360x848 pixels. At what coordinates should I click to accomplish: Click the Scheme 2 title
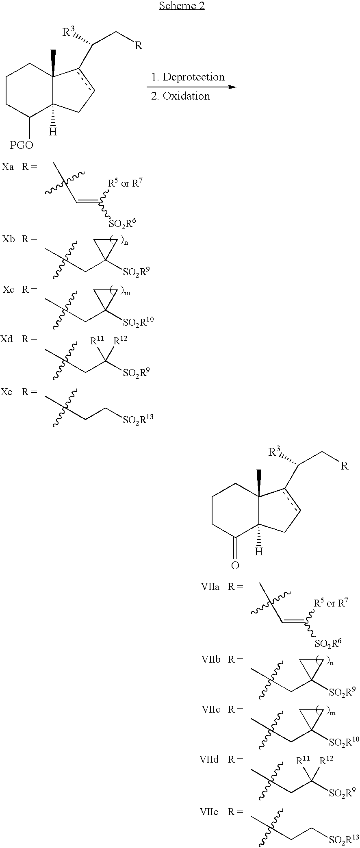pos(182,6)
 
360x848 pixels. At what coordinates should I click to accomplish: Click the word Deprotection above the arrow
pos(193,77)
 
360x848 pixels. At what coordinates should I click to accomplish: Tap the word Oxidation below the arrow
pos(186,96)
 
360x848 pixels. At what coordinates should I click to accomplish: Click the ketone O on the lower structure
pos(235,565)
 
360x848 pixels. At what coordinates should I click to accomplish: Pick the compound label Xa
pos(8,167)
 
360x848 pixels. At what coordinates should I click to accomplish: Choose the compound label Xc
pos(8,289)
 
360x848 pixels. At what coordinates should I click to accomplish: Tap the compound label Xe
pos(7,392)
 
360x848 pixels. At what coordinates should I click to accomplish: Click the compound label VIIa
pos(210,587)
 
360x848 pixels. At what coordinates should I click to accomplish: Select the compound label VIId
pos(209,759)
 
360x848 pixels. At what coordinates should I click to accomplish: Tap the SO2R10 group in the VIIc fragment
pos(344,741)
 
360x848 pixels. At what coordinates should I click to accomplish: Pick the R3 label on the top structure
pos(69,32)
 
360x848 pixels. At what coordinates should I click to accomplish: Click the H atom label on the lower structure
pos(258,551)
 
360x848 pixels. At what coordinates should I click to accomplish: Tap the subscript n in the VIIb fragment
pos(332,663)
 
